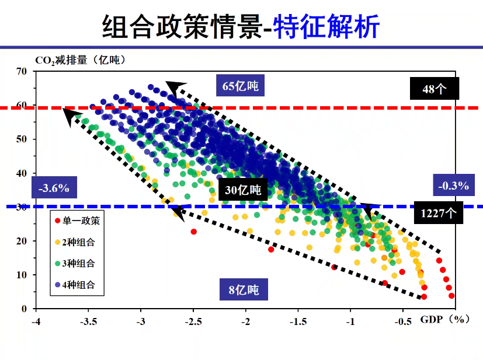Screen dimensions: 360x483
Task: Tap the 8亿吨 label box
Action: pos(240,289)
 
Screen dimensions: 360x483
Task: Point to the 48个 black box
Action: pos(434,89)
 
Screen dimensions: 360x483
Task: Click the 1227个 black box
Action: pos(438,214)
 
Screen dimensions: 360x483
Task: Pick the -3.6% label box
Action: pos(54,188)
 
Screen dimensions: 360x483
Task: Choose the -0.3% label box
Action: pos(454,186)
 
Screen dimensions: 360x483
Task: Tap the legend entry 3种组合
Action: pos(78,263)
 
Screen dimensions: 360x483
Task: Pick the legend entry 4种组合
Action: pos(78,285)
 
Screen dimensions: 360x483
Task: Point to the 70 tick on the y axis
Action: pos(22,71)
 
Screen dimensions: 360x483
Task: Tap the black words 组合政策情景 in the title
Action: pos(180,26)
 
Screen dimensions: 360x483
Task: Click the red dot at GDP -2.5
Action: pos(194,232)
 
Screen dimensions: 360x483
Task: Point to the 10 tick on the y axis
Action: pos(22,275)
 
